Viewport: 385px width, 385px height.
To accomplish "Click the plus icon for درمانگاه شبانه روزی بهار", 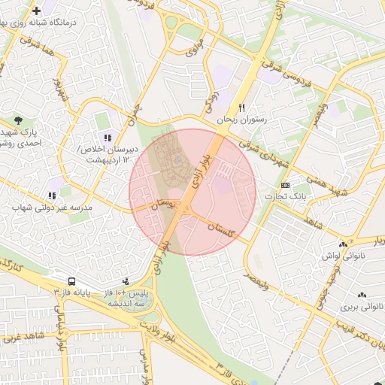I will tap(37, 11).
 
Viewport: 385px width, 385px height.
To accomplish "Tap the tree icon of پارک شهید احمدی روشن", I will tap(19, 120).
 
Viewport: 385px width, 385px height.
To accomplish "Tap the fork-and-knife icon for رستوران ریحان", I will tap(242, 107).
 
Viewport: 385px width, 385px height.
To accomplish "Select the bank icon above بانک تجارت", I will tap(284, 185).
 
